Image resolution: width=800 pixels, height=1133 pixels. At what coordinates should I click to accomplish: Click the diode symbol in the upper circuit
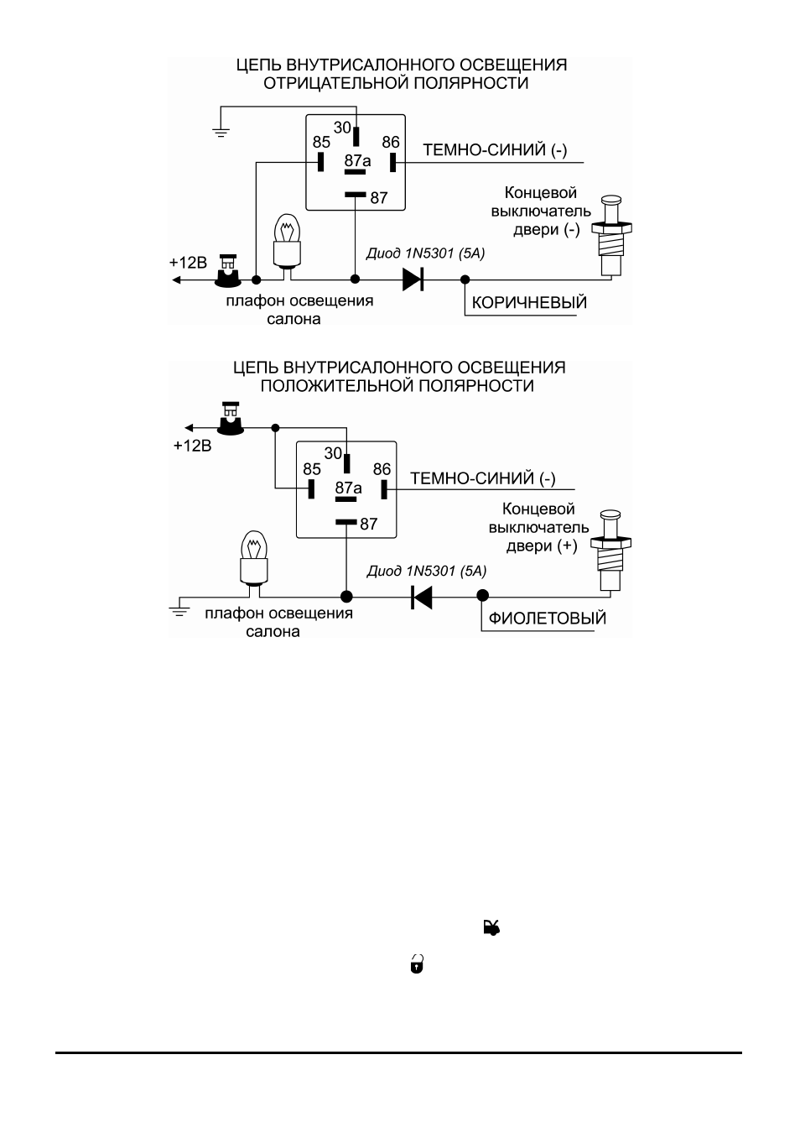[413, 279]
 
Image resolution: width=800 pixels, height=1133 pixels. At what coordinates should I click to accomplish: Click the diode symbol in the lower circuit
[422, 597]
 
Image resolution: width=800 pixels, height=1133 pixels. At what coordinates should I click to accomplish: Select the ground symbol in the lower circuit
[179, 611]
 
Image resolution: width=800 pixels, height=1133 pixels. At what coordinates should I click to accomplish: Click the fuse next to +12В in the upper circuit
[227, 271]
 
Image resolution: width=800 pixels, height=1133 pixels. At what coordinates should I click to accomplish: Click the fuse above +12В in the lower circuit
[231, 419]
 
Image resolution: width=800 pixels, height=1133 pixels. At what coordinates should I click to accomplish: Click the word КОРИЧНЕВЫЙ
[529, 302]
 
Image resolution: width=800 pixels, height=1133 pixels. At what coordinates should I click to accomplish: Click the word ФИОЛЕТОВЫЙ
[548, 618]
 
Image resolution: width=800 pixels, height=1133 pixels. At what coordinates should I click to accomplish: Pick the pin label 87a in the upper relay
[357, 161]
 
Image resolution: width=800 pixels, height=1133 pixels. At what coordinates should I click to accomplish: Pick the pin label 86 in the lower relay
[382, 469]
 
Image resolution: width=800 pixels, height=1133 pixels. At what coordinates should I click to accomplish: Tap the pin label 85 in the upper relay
[321, 142]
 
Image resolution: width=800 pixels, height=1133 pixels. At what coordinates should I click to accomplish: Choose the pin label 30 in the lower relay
[333, 453]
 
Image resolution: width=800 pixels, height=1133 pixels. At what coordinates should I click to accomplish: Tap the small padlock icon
[417, 964]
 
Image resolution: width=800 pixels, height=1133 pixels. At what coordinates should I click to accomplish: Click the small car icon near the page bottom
[491, 927]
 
